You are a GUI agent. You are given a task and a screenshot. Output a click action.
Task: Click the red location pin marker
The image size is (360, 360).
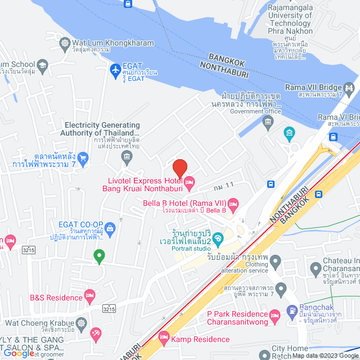(x=179, y=168)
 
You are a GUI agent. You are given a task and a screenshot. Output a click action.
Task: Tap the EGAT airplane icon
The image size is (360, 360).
(x=115, y=70)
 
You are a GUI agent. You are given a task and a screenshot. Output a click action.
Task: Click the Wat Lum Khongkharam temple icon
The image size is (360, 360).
(x=65, y=43)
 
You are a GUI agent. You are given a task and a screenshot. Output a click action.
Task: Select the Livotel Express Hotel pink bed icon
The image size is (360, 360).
(x=190, y=181)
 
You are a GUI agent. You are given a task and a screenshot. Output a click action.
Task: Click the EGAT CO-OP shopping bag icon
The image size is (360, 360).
(x=110, y=228)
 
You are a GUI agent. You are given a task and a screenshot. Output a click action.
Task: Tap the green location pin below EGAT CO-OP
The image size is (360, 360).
(x=99, y=256)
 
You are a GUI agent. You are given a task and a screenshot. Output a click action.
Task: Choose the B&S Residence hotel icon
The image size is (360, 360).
(x=89, y=295)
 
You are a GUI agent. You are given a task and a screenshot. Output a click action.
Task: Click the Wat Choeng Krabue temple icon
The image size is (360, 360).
(x=82, y=323)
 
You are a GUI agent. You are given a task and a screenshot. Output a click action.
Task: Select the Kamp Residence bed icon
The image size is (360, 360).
(x=164, y=339)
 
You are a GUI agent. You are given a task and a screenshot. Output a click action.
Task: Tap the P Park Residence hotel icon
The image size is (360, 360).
(x=274, y=314)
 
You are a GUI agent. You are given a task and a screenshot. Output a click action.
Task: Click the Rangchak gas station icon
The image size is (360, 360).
(x=291, y=310)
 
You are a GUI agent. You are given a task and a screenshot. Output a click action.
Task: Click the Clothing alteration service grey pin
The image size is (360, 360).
(x=276, y=261)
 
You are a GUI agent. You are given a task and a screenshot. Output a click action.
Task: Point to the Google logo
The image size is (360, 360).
(x=18, y=353)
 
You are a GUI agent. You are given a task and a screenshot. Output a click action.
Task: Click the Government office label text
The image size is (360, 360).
(x=255, y=111)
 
